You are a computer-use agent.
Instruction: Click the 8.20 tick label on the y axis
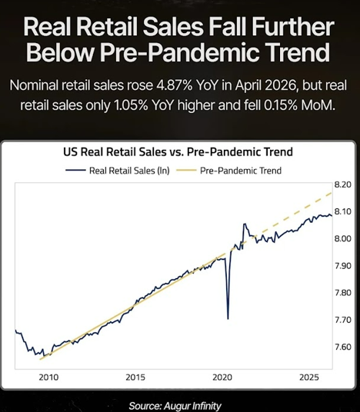[343, 184]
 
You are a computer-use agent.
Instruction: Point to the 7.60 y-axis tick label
[343, 347]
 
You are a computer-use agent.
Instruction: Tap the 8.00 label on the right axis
[343, 238]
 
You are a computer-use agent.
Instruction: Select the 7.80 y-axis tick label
[343, 293]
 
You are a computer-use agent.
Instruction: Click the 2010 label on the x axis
[48, 377]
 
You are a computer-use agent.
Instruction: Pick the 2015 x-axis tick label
[135, 377]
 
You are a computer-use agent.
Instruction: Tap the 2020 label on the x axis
[222, 377]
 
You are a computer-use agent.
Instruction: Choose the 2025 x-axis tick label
[309, 377]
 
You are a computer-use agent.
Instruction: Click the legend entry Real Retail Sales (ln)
[118, 171]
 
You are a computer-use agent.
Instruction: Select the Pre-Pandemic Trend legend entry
[228, 171]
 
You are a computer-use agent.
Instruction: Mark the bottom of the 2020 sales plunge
[228, 319]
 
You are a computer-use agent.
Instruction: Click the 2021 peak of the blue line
[245, 224]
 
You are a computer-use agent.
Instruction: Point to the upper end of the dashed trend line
[332, 193]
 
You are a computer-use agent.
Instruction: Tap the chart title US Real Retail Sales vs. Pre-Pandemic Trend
[178, 152]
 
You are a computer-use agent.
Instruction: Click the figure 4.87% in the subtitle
[174, 85]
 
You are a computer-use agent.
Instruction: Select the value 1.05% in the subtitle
[131, 105]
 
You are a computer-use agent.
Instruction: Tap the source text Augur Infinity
[192, 406]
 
